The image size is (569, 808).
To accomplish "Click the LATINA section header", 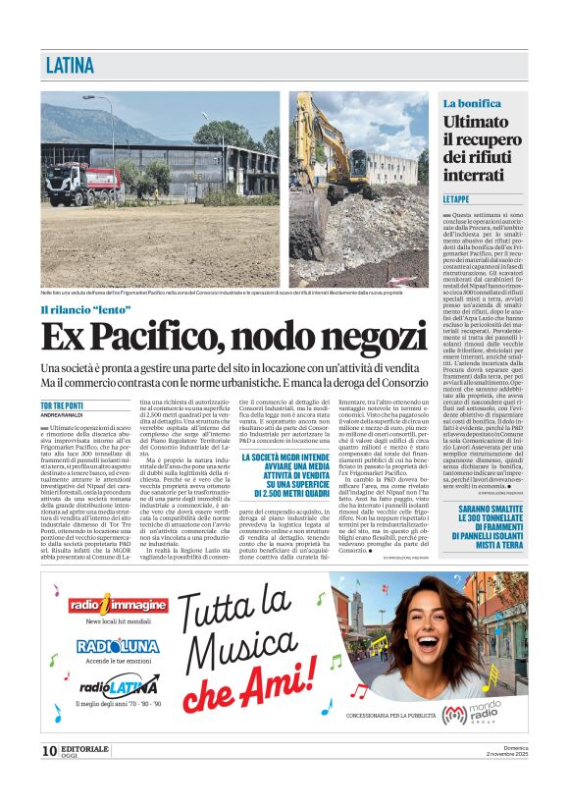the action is [x=71, y=66].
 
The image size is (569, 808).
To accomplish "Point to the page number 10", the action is [x=49, y=751].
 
